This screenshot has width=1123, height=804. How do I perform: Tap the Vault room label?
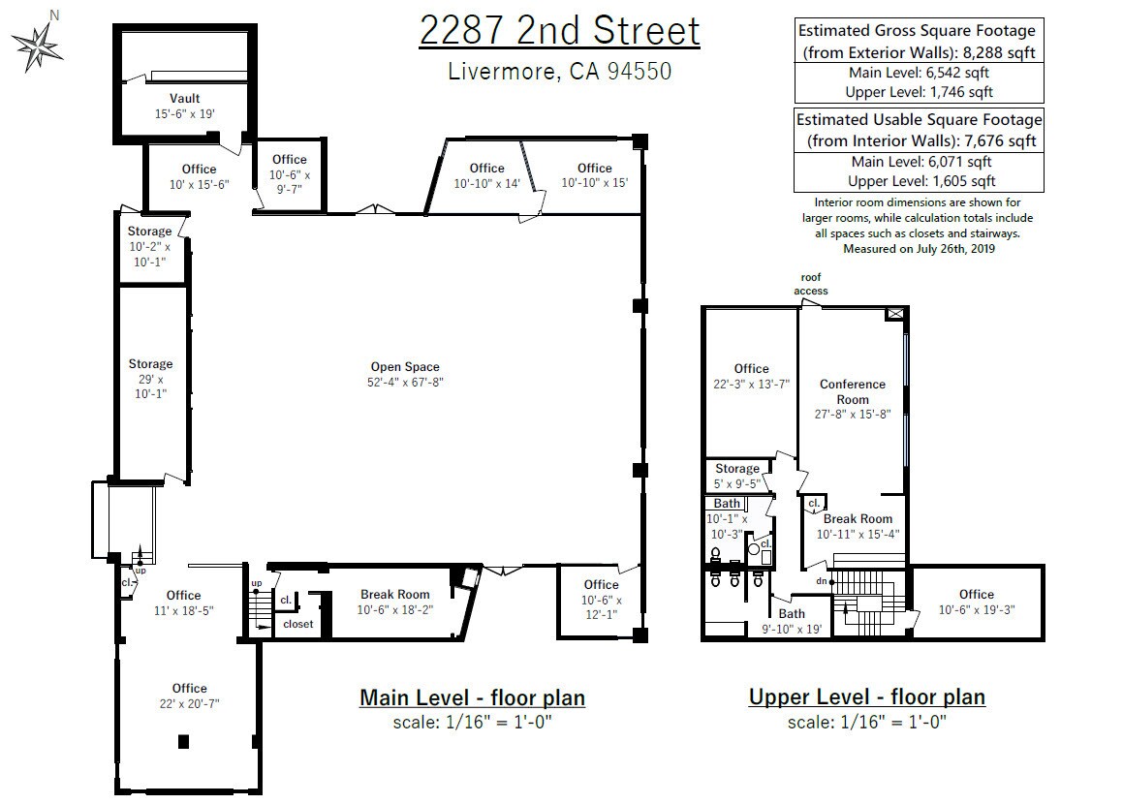coord(184,99)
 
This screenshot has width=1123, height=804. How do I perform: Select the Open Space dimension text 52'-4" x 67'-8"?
coord(405,383)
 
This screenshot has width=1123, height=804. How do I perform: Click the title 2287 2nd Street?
coord(559,31)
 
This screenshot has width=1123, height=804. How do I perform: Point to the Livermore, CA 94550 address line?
coord(559,72)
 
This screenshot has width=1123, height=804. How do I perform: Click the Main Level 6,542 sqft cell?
coord(919,73)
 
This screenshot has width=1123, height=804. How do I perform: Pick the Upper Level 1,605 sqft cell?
coord(919,181)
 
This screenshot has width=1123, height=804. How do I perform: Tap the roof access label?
coord(811,284)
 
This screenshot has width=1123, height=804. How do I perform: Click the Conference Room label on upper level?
coord(853,391)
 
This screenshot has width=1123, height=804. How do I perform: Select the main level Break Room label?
coord(394,595)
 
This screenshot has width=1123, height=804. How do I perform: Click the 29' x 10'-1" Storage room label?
coord(150,379)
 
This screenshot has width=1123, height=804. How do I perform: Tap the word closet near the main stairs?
coord(298,625)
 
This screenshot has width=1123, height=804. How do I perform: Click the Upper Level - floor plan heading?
coord(866,697)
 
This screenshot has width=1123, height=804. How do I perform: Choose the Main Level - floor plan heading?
coord(472,697)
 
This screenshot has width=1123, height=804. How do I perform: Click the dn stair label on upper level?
coord(821,581)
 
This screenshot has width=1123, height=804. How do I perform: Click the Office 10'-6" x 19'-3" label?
coord(977,602)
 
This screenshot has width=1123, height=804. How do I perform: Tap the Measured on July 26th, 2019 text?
coord(919,249)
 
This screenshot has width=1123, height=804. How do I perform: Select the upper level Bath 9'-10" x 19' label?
coord(792,621)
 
